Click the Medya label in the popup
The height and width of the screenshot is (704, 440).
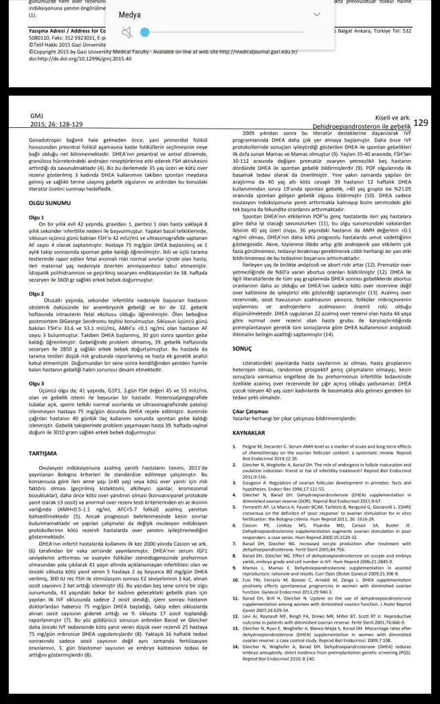tap(130, 14)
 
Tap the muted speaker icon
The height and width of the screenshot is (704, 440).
tap(125, 32)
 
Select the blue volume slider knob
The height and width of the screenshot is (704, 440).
tap(144, 32)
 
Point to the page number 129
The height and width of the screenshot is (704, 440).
tap(421, 122)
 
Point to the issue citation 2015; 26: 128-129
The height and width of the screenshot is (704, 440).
tap(56, 124)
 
